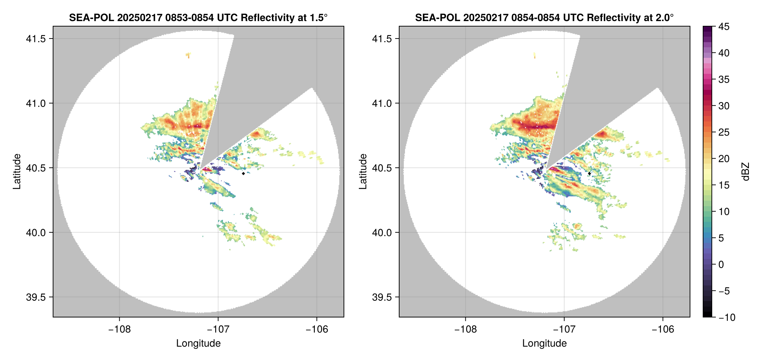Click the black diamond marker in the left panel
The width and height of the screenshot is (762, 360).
tap(243, 173)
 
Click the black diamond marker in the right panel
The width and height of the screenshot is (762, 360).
tap(589, 173)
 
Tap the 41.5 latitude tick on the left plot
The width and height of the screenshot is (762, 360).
tap(36, 39)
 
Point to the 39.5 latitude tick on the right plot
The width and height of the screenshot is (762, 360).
tap(382, 297)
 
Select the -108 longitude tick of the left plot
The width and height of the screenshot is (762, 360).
tap(119, 329)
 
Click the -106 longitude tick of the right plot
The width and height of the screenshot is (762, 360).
tap(663, 329)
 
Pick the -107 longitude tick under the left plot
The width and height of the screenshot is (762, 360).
tap(218, 329)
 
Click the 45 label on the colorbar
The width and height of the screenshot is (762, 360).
tap(724, 27)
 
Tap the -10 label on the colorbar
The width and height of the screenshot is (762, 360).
tap(727, 317)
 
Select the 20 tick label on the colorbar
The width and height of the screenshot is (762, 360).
tap(724, 159)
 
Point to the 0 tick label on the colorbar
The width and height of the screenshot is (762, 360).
tap(721, 265)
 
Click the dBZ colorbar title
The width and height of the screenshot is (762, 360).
tap(746, 172)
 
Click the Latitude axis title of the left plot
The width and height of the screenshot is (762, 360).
tap(17, 172)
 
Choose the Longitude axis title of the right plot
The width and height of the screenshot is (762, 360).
tap(544, 343)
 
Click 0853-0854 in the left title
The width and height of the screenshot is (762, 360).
tap(189, 17)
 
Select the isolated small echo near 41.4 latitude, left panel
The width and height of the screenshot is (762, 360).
tap(188, 55)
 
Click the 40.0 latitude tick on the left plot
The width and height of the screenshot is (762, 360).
tap(36, 233)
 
